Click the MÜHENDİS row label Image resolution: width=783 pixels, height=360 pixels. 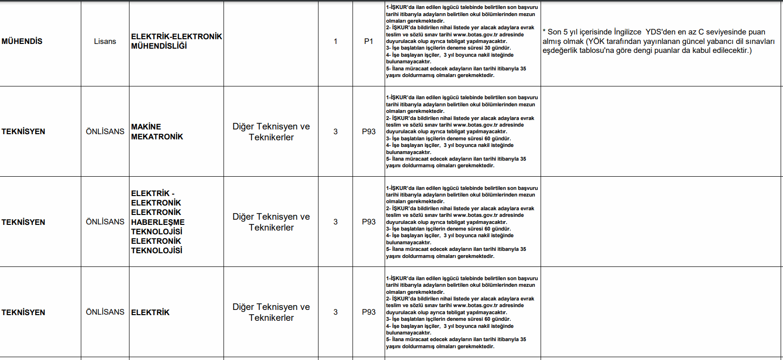[x=22, y=42]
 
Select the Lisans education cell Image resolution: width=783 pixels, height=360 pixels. [x=105, y=42]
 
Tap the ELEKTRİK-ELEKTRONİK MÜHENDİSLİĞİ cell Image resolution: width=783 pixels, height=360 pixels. [x=176, y=41]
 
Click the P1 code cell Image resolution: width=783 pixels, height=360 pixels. [x=369, y=42]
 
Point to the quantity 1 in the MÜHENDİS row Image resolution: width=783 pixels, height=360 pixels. [x=336, y=42]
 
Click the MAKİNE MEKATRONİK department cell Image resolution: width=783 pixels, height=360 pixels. [x=157, y=132]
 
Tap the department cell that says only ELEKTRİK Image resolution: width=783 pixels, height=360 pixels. [x=150, y=312]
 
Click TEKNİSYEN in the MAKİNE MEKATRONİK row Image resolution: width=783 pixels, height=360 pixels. [x=23, y=132]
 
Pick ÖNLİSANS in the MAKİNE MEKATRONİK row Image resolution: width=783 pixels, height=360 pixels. [x=105, y=131]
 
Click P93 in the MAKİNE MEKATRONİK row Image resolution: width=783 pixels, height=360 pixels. [x=369, y=131]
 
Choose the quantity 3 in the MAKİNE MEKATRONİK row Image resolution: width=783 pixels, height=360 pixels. [x=336, y=131]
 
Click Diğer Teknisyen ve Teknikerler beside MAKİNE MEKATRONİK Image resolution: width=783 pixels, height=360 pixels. [x=271, y=132]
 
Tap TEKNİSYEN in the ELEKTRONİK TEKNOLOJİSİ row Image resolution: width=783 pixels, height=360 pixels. [x=23, y=222]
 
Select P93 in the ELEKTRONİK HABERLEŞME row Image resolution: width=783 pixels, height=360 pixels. [x=369, y=222]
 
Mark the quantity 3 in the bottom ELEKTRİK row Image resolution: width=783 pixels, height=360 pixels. [x=336, y=312]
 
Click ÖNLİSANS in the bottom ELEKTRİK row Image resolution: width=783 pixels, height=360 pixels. [x=105, y=312]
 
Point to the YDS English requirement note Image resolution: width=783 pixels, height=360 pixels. [x=658, y=41]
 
